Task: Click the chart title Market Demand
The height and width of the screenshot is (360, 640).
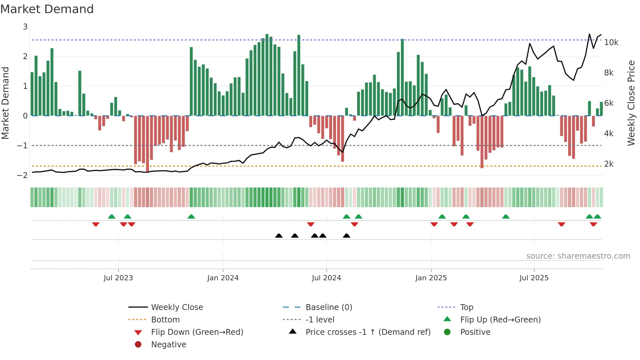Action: pyautogui.click(x=47, y=9)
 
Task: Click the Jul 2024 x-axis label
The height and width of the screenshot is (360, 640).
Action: pyautogui.click(x=326, y=278)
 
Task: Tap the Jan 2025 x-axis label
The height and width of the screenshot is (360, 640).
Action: pyautogui.click(x=431, y=278)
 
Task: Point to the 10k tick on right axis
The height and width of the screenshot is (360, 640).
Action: pyautogui.click(x=611, y=42)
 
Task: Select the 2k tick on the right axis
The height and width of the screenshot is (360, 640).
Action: pyautogui.click(x=609, y=164)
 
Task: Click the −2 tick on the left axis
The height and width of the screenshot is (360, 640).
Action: pyautogui.click(x=22, y=175)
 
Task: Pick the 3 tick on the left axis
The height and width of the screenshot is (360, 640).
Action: pyautogui.click(x=25, y=27)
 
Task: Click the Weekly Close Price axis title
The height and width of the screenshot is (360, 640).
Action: pyautogui.click(x=631, y=103)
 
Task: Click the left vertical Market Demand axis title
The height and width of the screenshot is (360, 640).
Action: pyautogui.click(x=6, y=103)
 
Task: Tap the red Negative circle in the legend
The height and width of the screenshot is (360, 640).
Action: pyautogui.click(x=138, y=344)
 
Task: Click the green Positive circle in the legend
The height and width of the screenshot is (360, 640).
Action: pyautogui.click(x=447, y=332)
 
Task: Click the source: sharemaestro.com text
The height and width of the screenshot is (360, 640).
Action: pyautogui.click(x=578, y=256)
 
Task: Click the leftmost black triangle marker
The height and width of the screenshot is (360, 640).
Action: pyautogui.click(x=279, y=236)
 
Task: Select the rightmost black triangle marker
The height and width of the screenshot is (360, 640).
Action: pyautogui.click(x=346, y=236)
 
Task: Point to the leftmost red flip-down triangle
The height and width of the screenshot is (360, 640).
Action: pyautogui.click(x=96, y=224)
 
